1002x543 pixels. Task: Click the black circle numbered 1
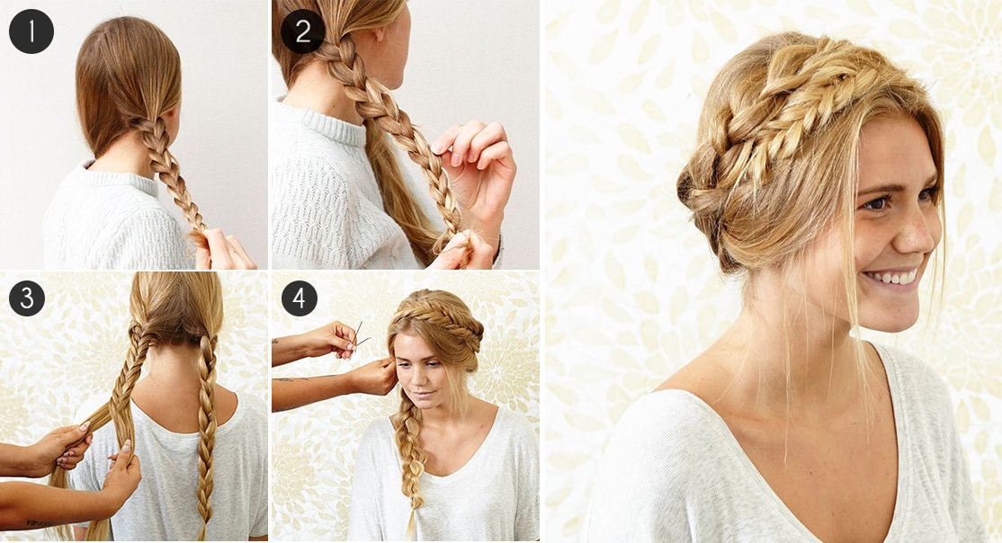pyautogui.click(x=31, y=31)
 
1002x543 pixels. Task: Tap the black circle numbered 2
pyautogui.click(x=303, y=31)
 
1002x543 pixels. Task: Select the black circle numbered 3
pyautogui.click(x=27, y=298)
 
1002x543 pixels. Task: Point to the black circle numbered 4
pyautogui.click(x=299, y=298)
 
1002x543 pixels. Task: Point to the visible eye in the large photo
pyautogui.click(x=877, y=203)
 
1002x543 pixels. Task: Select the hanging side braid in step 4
pyautogui.click(x=408, y=457)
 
